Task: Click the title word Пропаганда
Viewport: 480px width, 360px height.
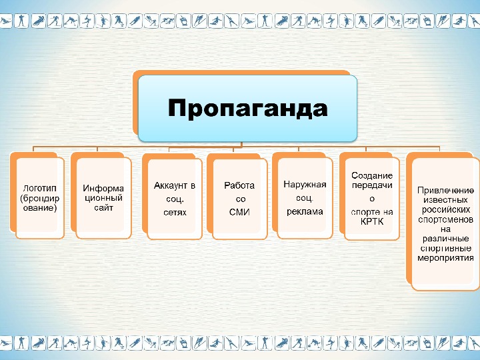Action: click(247, 108)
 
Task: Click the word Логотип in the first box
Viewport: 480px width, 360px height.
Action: click(39, 188)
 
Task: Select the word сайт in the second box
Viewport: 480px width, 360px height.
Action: click(104, 208)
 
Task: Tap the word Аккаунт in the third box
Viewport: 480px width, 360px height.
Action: click(169, 185)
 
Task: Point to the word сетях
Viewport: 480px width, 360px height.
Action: click(175, 213)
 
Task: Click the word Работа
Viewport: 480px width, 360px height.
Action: click(239, 185)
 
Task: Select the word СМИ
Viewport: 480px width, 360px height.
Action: click(239, 213)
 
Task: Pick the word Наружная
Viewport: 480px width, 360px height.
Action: click(305, 184)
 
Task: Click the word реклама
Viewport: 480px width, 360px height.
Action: click(305, 211)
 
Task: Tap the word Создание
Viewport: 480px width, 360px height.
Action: click(372, 175)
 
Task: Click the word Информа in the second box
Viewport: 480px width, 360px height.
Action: click(104, 188)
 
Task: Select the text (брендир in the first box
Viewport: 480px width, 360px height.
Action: click(40, 198)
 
